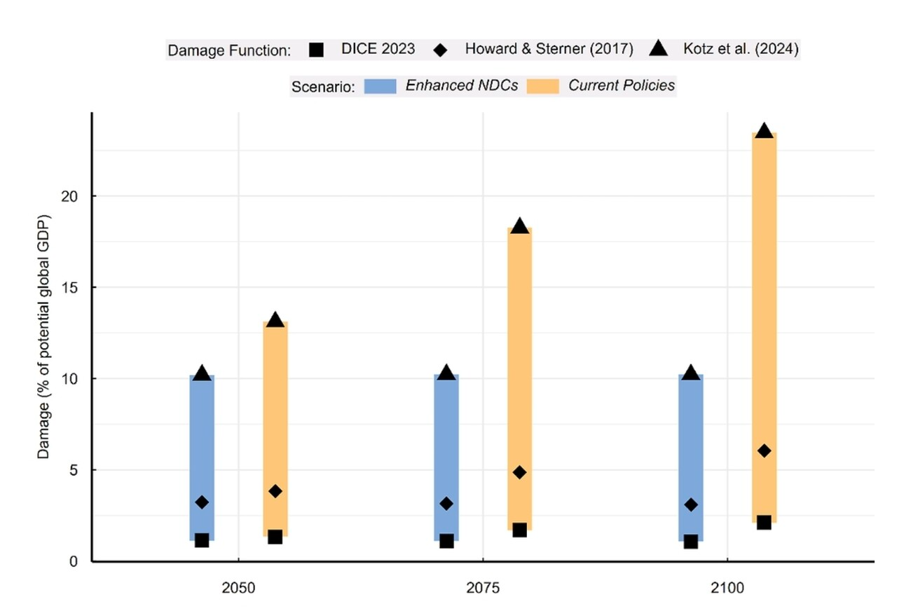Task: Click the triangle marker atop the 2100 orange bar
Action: click(x=764, y=131)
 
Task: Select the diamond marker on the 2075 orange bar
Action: click(x=519, y=472)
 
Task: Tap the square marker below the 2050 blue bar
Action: click(x=202, y=540)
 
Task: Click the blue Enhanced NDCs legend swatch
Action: click(x=380, y=86)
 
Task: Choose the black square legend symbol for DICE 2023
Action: click(x=315, y=50)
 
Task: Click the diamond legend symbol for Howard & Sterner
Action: click(x=440, y=50)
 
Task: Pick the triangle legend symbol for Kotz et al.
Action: click(x=659, y=49)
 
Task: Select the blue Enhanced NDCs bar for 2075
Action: click(x=446, y=455)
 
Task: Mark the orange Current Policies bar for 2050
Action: click(x=275, y=427)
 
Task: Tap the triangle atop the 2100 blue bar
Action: click(x=691, y=373)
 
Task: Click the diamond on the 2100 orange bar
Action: click(x=764, y=450)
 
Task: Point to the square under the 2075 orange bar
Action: click(x=519, y=530)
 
